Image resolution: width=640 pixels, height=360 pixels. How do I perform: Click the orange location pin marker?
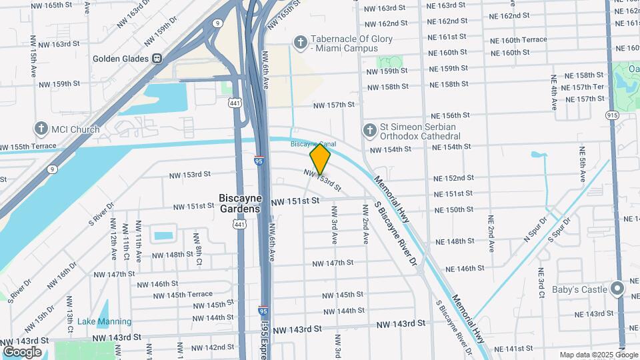pos(320,159)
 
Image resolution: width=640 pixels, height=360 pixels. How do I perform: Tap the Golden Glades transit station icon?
pos(157,59)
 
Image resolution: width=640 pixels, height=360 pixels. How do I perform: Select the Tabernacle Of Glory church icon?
pos(300,43)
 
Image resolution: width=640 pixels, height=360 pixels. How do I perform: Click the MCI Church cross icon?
pos(41,129)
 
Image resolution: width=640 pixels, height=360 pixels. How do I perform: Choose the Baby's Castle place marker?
pos(617,289)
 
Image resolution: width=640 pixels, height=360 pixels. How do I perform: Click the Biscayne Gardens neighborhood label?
pos(240,203)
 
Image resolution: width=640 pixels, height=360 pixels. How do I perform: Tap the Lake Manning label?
pos(104,321)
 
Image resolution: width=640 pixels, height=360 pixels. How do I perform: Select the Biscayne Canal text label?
pos(313,144)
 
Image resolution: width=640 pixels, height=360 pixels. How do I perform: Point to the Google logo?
pos(22,351)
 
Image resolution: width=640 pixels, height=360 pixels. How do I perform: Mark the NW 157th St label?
pos(334,105)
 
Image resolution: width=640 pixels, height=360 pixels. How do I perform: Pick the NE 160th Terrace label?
pos(518,40)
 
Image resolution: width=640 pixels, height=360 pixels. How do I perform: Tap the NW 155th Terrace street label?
pos(28,147)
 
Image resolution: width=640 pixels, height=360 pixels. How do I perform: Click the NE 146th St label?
pos(465,269)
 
